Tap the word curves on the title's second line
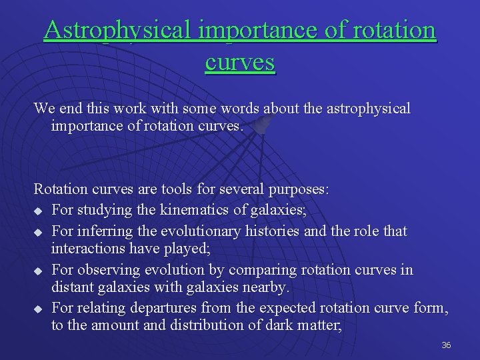point(240,62)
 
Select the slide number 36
point(446,345)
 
